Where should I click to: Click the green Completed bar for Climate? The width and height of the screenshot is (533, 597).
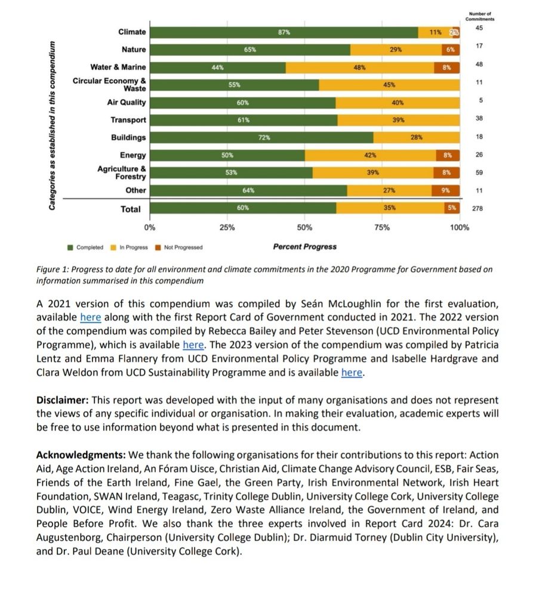click(x=284, y=32)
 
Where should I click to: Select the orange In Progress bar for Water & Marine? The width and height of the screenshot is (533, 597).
click(x=359, y=67)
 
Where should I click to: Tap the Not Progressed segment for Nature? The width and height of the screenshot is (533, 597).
click(x=451, y=50)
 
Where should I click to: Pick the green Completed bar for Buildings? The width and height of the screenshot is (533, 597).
click(x=262, y=137)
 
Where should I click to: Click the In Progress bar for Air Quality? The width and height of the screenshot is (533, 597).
click(x=398, y=103)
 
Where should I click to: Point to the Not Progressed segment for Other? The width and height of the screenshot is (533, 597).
click(x=446, y=191)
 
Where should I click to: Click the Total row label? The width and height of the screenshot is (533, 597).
click(x=131, y=209)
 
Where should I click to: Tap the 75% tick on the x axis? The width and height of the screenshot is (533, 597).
click(x=382, y=227)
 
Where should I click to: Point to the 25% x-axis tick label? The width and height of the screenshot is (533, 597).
click(x=227, y=227)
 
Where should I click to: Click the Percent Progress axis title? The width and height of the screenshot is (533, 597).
click(x=304, y=247)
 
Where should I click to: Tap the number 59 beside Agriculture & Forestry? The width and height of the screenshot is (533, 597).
click(x=479, y=173)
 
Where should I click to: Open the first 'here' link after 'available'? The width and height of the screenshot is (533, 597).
click(x=90, y=318)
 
